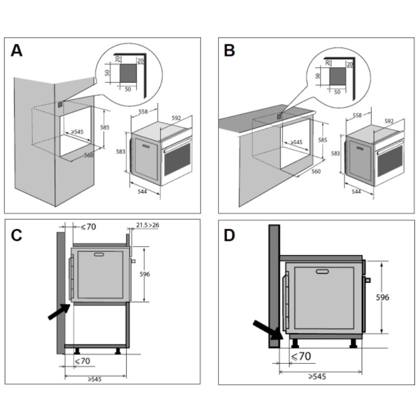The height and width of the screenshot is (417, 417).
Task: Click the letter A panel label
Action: click(x=17, y=51)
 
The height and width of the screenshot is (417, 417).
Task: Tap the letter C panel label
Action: click(x=17, y=235)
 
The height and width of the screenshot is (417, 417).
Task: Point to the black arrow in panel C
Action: click(x=59, y=311)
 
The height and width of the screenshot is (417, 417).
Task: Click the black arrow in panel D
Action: click(x=267, y=330)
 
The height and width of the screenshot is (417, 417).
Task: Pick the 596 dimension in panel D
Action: click(x=383, y=297)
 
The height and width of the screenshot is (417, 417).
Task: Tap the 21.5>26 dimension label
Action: click(x=148, y=225)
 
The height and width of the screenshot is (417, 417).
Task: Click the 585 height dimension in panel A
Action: click(x=105, y=127)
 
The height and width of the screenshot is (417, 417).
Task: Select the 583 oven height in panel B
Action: click(x=336, y=153)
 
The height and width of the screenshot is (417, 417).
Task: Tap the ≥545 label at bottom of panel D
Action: click(x=316, y=376)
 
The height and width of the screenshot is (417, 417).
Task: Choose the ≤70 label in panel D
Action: click(x=301, y=357)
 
